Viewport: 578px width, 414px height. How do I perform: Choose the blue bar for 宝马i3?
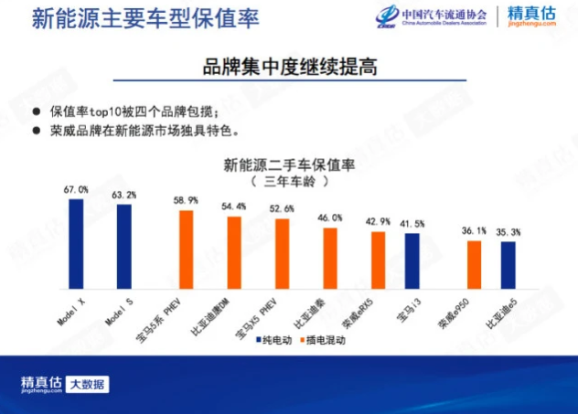tap(412, 260)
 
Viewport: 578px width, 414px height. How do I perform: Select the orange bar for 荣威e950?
tap(474, 264)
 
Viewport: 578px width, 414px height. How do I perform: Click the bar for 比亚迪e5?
tap(508, 265)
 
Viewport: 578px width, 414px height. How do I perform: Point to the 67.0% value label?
tap(76, 189)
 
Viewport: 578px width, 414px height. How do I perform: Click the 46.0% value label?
tap(330, 218)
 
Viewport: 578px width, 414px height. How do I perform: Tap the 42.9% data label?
tap(378, 222)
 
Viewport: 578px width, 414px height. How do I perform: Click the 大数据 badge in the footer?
tap(90, 384)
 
